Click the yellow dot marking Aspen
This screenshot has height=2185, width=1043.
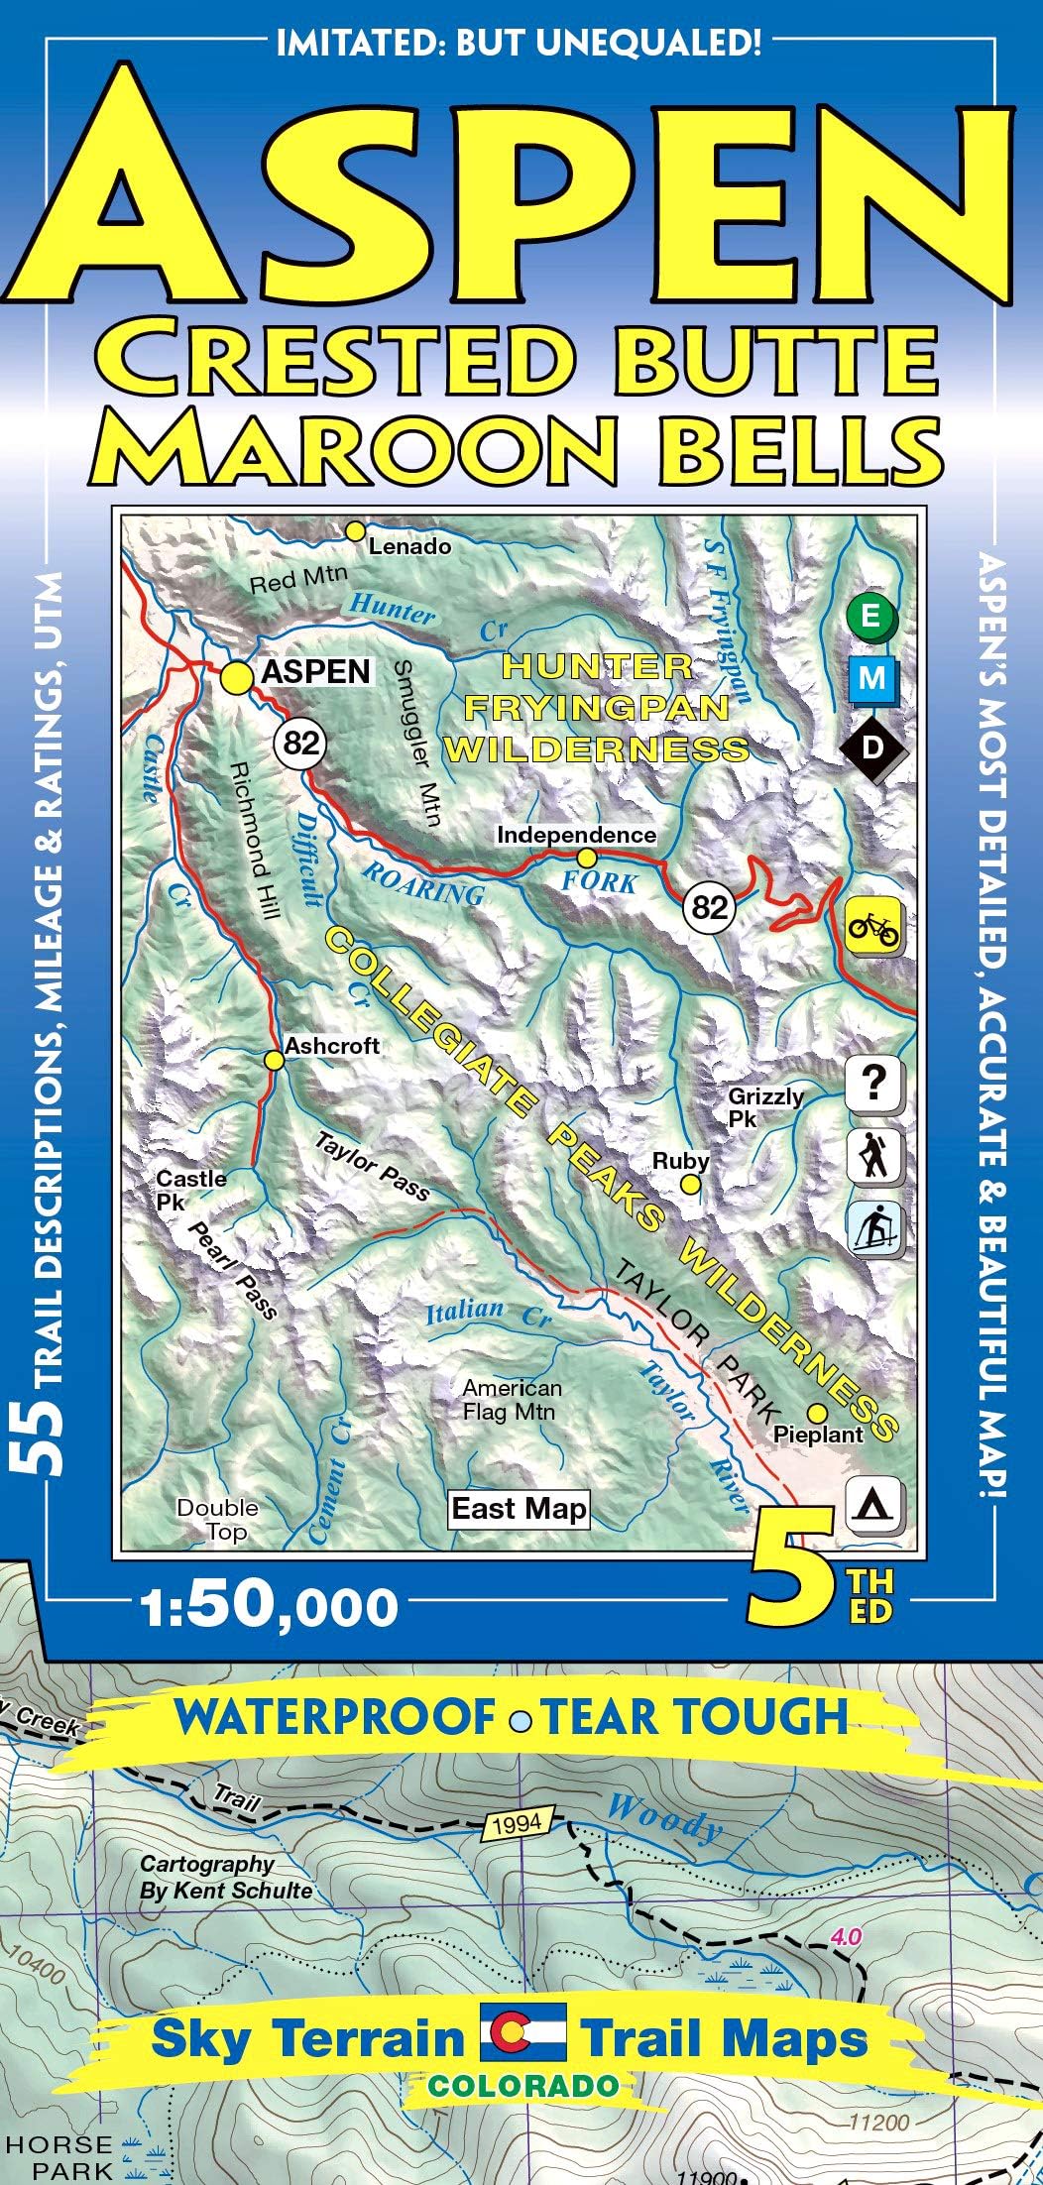point(236,678)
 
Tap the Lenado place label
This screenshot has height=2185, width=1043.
point(409,546)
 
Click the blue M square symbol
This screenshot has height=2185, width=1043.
point(872,679)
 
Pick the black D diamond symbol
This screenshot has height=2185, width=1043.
point(871,747)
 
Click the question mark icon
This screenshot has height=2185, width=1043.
point(873,1083)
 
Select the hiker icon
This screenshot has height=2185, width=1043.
point(873,1155)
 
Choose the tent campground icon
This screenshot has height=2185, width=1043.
point(873,1504)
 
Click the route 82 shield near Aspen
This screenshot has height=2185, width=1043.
point(301,742)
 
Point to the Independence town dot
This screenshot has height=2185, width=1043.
point(587,857)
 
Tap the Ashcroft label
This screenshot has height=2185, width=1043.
point(332,1046)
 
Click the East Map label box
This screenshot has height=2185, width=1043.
point(520,1509)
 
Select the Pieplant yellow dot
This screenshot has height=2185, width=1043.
point(817,1413)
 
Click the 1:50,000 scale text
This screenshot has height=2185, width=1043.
point(269,1608)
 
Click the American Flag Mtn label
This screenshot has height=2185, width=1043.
point(512,1400)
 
